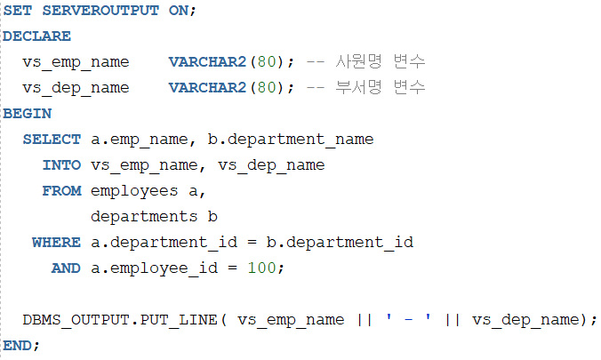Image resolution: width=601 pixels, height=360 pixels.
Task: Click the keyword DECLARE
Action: click(x=36, y=36)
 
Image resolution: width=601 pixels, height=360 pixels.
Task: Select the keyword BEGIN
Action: click(x=27, y=114)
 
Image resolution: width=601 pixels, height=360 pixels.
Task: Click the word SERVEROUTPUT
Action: click(x=100, y=11)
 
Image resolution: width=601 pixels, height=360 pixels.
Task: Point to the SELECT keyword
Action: click(x=52, y=140)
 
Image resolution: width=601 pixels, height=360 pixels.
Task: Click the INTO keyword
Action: click(x=61, y=165)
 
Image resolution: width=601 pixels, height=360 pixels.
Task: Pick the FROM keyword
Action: click(x=61, y=191)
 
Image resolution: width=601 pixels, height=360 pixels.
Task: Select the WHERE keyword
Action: click(x=56, y=242)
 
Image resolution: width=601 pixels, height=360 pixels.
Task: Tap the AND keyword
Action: click(x=66, y=268)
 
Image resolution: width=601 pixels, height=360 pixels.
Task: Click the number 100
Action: click(x=261, y=268)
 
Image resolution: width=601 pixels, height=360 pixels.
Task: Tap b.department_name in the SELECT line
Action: click(x=290, y=140)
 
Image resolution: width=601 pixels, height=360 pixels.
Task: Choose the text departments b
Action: click(x=154, y=216)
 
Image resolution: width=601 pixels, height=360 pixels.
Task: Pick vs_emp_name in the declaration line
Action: click(x=76, y=62)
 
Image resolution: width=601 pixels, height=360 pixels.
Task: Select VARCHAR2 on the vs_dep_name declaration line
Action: click(x=207, y=88)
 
